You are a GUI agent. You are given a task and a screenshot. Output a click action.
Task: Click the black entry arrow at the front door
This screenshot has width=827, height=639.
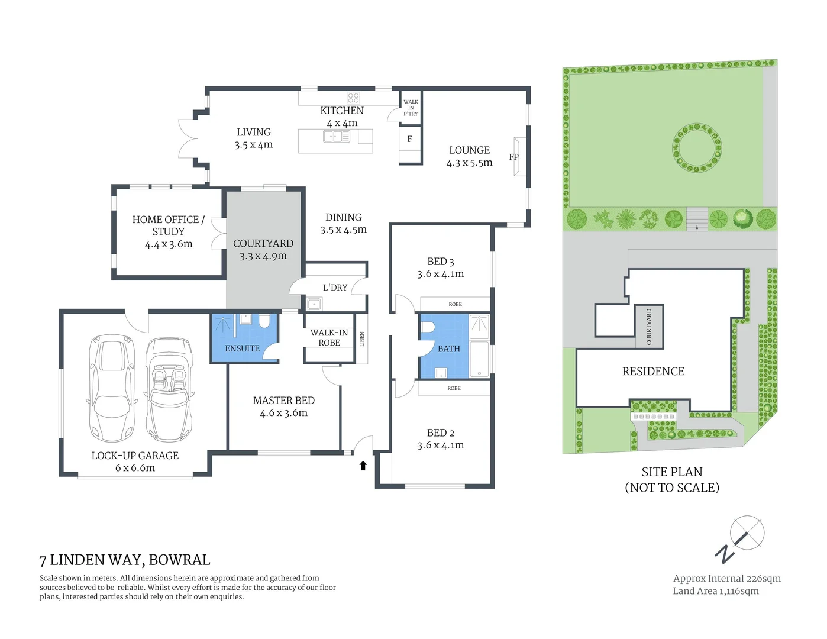363,466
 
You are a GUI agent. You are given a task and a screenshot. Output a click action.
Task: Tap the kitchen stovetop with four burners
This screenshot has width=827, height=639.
353,98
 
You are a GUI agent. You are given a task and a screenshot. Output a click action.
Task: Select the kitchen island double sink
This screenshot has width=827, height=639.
336,137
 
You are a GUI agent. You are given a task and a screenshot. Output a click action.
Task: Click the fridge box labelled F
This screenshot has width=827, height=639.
409,139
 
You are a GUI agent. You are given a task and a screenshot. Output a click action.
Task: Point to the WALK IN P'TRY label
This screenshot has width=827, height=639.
411,108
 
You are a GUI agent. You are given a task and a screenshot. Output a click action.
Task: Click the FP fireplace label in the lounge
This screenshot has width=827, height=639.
513,157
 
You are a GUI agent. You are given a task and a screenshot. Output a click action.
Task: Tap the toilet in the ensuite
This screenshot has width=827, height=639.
264,321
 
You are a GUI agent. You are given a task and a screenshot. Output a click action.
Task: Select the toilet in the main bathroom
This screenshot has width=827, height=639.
428,327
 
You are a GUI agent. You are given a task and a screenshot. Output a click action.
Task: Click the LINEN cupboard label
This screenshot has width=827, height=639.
362,339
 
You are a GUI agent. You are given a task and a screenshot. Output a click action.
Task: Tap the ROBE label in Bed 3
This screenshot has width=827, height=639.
455,304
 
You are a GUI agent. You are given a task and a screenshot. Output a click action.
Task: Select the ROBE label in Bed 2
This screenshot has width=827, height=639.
454,388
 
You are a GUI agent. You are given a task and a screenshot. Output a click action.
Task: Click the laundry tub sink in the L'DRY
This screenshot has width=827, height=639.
314,304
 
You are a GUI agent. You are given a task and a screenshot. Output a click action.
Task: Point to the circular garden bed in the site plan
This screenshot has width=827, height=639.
697,146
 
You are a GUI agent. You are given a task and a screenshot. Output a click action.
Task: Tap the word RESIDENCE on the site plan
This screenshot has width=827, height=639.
653,371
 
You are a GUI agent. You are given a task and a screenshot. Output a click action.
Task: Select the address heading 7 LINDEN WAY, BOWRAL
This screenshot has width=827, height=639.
125,560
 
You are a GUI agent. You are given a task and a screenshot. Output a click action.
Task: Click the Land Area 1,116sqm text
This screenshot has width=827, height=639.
715,590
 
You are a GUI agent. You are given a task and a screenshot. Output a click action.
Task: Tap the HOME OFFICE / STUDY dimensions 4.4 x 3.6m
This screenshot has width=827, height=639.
169,244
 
